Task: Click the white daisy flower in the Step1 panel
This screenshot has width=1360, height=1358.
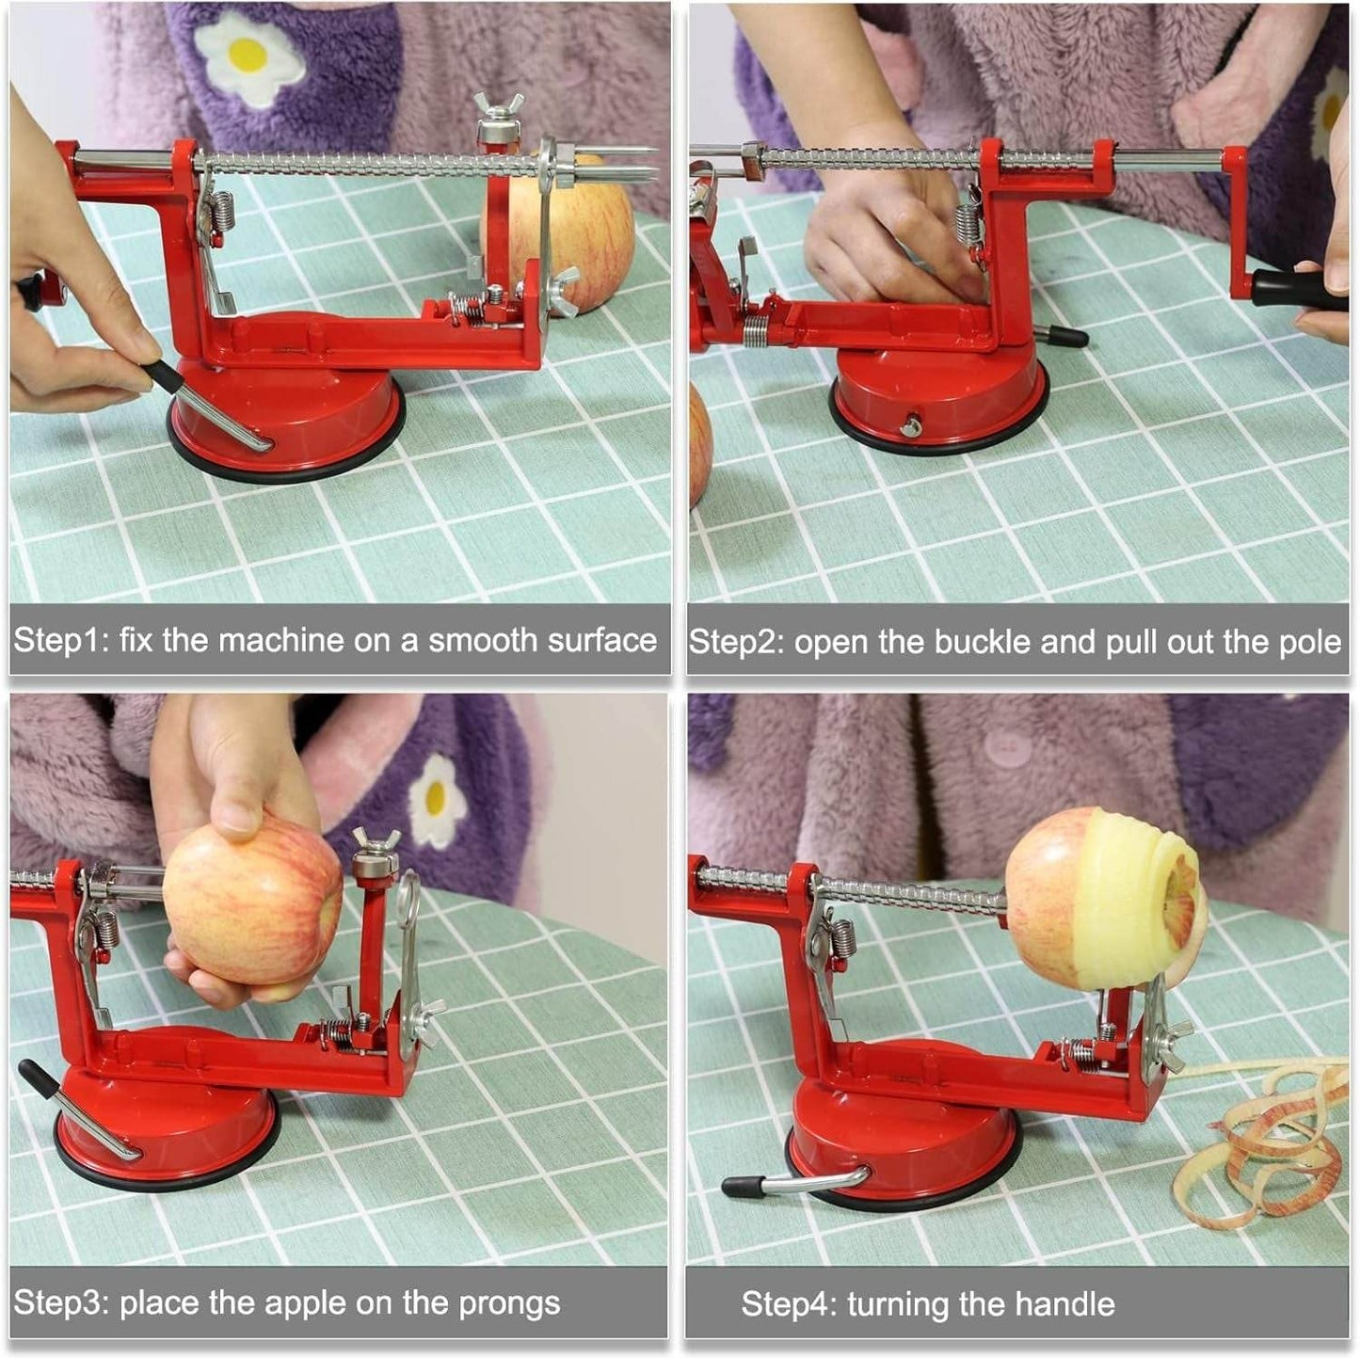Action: coord(248,56)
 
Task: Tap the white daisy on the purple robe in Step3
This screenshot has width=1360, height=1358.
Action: coord(434,800)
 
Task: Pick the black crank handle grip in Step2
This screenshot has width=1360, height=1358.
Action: coord(1299,289)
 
